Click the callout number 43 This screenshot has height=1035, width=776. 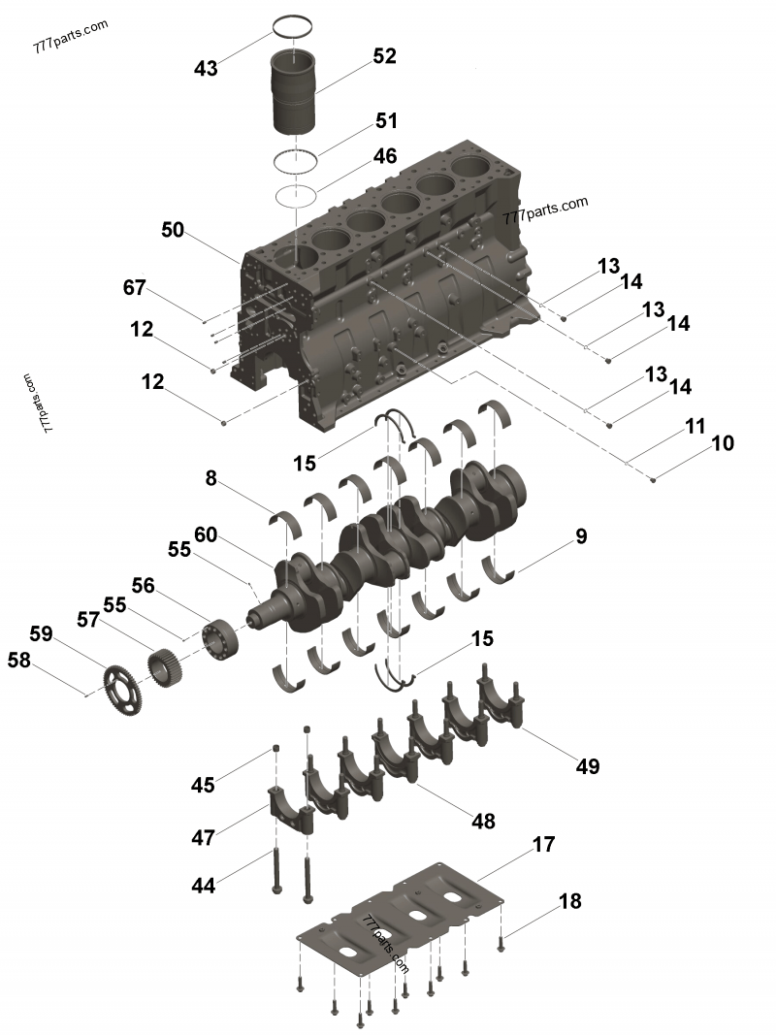click(206, 68)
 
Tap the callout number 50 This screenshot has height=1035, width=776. click(173, 230)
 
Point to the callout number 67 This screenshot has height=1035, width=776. click(135, 288)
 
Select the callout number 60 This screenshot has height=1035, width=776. click(206, 534)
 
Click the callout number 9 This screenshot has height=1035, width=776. click(581, 534)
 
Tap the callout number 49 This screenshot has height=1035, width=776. click(587, 766)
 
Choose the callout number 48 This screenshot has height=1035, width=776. click(483, 821)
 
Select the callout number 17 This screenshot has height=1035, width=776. click(543, 845)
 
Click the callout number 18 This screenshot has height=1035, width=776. click(569, 901)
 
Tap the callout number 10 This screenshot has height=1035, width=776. click(723, 443)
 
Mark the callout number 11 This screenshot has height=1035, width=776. click(695, 426)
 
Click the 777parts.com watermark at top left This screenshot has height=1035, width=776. click(71, 37)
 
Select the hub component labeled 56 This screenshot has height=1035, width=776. click(220, 641)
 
